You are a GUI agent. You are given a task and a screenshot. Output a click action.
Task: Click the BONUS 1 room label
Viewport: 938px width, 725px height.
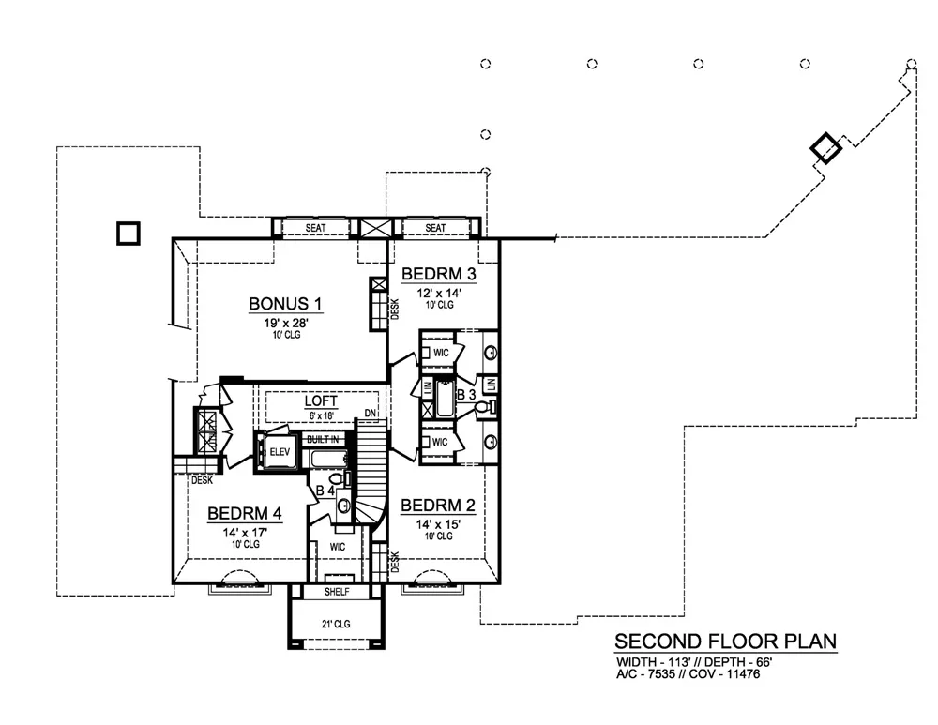(285, 304)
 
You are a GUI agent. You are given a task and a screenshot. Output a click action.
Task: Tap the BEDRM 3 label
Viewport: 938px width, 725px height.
(438, 274)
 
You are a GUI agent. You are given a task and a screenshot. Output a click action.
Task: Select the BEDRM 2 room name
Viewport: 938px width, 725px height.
(438, 506)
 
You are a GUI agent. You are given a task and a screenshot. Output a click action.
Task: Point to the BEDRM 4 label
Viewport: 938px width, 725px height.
(245, 513)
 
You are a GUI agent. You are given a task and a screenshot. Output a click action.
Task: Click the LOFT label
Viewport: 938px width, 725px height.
(321, 400)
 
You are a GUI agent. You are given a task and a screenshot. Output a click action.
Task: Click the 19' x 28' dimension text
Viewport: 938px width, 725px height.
(286, 323)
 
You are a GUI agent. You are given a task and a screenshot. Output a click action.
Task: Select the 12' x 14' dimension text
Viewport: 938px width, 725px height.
(439, 294)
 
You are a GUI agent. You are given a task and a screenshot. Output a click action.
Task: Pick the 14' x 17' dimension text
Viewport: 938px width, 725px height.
(245, 533)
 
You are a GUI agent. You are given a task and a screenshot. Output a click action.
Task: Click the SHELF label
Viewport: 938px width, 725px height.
(337, 592)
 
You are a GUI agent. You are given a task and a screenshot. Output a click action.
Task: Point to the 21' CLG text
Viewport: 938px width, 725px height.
(336, 624)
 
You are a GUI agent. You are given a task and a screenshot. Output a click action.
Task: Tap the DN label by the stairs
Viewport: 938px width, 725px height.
(371, 414)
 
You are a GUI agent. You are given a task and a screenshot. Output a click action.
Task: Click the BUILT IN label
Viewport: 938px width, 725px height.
(323, 439)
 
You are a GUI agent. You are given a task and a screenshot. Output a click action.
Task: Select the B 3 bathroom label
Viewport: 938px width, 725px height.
(466, 395)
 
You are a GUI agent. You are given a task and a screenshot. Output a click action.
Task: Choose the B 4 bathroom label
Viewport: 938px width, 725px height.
(325, 491)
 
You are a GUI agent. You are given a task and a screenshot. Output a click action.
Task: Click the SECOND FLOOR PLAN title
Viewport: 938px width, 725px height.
(726, 642)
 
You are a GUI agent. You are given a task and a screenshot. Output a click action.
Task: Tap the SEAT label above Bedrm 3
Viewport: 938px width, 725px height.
(435, 228)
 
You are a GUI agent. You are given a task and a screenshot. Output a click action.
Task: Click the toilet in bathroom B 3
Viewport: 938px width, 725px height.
(485, 407)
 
